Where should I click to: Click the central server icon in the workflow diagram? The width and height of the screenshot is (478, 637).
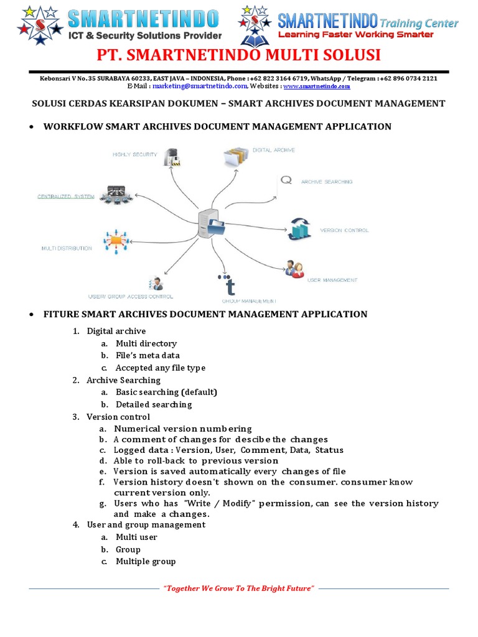[x=210, y=225]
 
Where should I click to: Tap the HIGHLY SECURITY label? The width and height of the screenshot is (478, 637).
[x=135, y=154]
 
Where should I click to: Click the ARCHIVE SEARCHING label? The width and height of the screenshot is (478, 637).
[x=327, y=182]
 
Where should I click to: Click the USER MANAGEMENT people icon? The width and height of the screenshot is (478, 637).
[x=294, y=269]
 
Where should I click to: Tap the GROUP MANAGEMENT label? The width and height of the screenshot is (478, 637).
[x=249, y=300]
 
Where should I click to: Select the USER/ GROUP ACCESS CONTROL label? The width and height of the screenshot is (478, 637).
[x=131, y=296]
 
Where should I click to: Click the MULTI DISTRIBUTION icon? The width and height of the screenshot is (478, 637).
[x=115, y=241]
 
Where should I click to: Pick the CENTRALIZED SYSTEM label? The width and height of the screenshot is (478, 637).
[x=66, y=197]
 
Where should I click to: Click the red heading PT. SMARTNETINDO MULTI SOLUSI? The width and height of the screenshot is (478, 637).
[x=238, y=55]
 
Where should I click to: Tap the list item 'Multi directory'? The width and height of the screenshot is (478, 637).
[x=146, y=343]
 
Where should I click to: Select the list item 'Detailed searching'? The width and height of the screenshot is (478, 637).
[x=154, y=404]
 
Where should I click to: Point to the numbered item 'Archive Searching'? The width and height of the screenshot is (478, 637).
[x=123, y=380]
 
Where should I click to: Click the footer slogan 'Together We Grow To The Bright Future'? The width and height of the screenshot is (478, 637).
[x=239, y=588]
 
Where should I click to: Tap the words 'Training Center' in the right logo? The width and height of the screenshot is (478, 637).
[x=419, y=24]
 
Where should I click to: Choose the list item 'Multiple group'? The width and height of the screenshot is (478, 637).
[x=146, y=561]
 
